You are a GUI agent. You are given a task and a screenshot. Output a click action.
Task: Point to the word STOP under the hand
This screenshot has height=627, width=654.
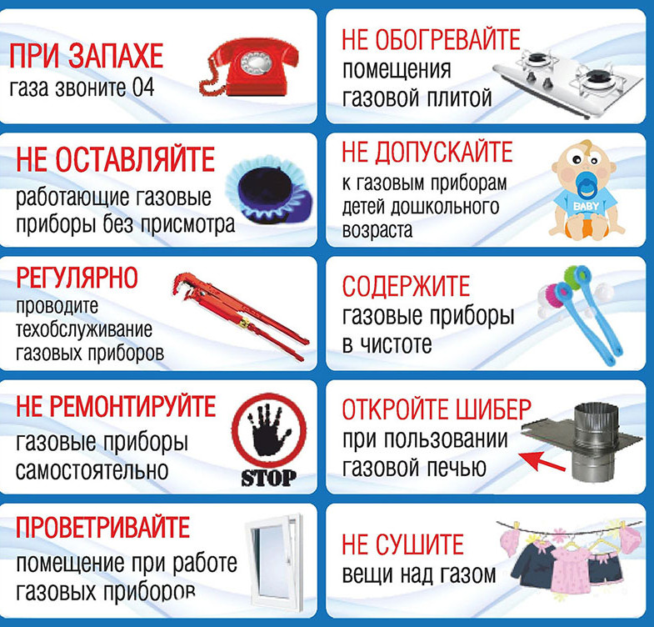268,478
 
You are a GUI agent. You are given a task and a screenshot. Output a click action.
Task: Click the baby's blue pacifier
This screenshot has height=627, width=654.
577,179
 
